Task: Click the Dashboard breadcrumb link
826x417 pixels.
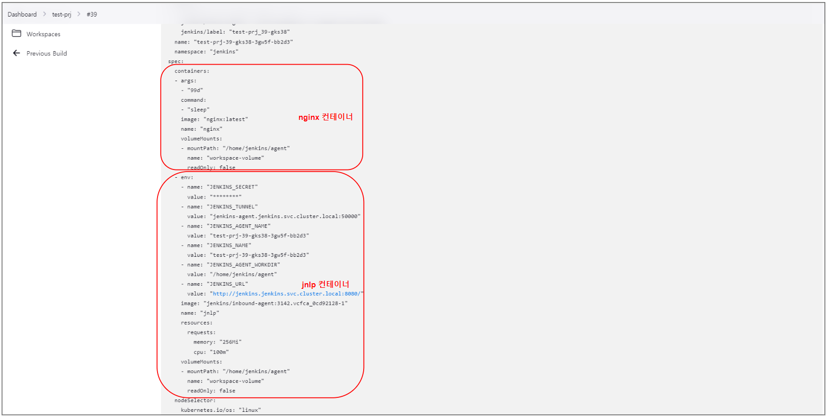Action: [x=22, y=14]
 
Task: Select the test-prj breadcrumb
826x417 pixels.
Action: [x=61, y=14]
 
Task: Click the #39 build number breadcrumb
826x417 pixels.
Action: [x=92, y=14]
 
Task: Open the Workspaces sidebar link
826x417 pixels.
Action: [x=43, y=34]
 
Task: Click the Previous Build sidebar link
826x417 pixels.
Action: [x=46, y=53]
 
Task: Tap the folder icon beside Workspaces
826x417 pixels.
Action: [x=17, y=34]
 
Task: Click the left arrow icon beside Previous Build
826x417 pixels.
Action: [x=17, y=53]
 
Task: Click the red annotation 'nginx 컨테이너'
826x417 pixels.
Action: [x=325, y=117]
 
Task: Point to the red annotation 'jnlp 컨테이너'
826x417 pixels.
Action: [x=325, y=284]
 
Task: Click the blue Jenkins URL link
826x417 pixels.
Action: [x=287, y=294]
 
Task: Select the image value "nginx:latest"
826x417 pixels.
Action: [x=226, y=119]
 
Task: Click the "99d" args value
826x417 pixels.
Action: [x=195, y=90]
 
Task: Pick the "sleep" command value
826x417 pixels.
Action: [x=198, y=110]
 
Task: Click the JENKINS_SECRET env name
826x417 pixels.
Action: [x=232, y=187]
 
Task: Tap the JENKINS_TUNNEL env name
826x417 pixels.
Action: [x=232, y=207]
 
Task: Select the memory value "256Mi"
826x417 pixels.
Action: [x=230, y=342]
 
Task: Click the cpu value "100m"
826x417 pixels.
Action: [x=219, y=352]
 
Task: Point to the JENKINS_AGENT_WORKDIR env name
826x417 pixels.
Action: [x=243, y=265]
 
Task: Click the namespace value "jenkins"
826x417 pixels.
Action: [x=224, y=52]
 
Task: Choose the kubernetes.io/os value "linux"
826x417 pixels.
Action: [x=250, y=410]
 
